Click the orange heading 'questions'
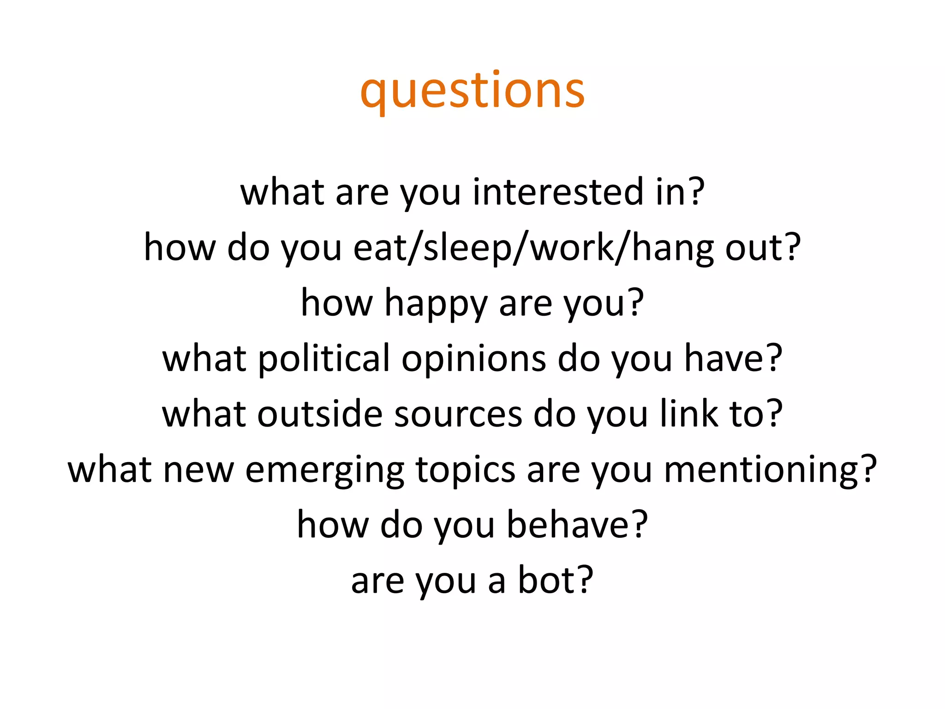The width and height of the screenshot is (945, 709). (x=472, y=91)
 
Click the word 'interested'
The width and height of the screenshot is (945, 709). (x=558, y=192)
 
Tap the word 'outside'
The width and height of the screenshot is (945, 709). (x=320, y=414)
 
